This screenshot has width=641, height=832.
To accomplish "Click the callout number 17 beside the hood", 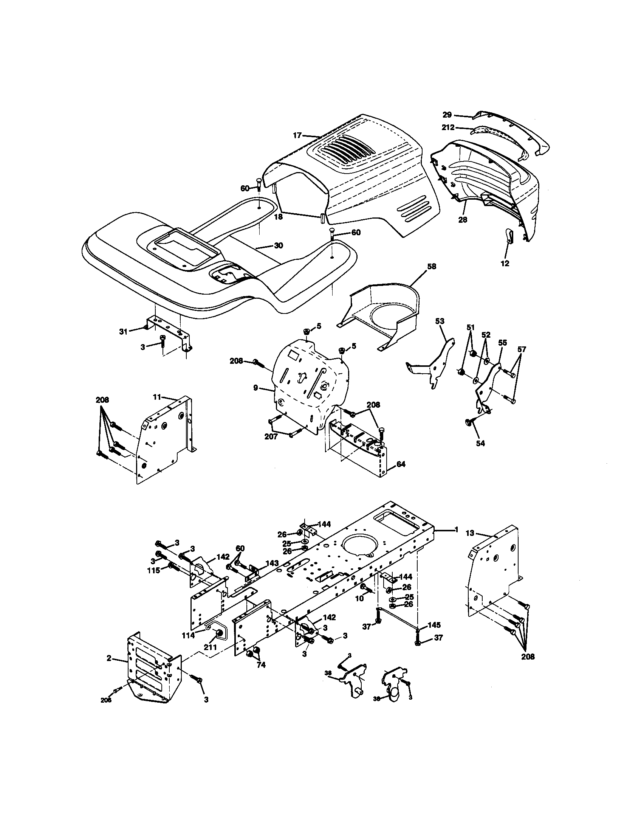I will (297, 135).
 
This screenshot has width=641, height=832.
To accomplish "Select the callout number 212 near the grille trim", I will (448, 127).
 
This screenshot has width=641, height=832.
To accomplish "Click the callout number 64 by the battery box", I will (401, 464).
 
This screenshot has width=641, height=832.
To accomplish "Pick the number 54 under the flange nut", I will (480, 443).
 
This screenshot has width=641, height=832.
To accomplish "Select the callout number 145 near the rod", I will (434, 625).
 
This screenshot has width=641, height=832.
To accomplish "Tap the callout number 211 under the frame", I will (210, 647).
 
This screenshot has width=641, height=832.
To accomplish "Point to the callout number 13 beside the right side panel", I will (471, 533).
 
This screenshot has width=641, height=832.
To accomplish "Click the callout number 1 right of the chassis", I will (457, 529).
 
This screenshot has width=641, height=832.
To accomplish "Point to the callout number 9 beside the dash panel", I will (256, 388).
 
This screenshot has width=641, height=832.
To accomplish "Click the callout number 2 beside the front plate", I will (109, 658).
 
